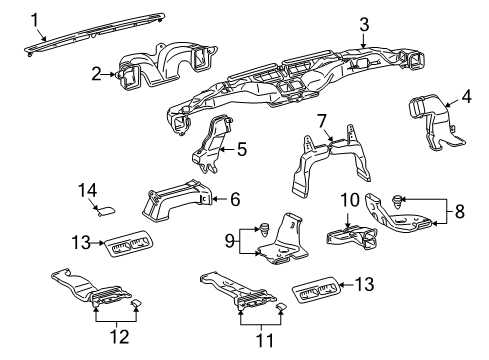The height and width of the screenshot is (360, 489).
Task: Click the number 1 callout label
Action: pyautogui.click(x=35, y=18)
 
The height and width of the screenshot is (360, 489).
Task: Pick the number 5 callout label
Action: pyautogui.click(x=322, y=122)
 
